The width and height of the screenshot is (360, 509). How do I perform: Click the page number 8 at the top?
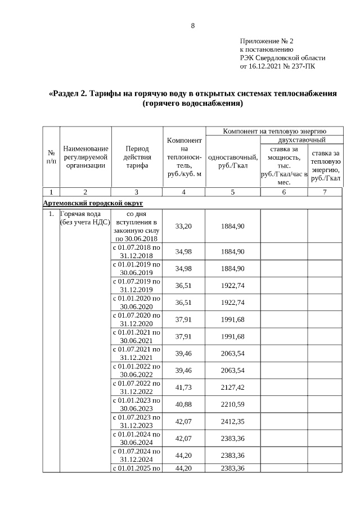[193, 26]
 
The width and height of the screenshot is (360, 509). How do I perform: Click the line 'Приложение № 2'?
[267, 42]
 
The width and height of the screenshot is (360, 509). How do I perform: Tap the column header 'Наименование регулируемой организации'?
[85, 157]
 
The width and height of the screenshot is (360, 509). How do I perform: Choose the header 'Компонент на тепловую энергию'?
[274, 131]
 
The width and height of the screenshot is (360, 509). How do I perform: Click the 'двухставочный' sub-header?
[301, 139]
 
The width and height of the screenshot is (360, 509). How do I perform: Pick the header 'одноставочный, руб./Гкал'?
[233, 161]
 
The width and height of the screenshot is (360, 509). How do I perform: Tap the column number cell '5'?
[233, 192]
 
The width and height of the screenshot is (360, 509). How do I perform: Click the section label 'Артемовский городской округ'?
[93, 202]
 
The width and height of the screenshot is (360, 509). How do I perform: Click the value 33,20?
[184, 226]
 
